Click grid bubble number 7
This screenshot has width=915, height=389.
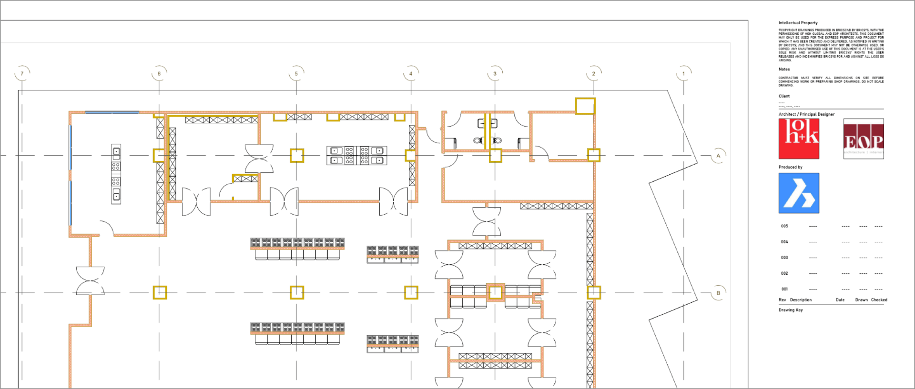point(22,73)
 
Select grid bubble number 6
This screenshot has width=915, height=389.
point(159,73)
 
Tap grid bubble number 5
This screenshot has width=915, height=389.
point(296,73)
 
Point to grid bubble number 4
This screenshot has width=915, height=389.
point(411,73)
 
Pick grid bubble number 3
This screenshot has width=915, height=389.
point(495,73)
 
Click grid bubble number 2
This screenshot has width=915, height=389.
point(594,73)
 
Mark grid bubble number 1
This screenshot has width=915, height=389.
point(683,73)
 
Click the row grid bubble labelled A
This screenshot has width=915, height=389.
point(718,156)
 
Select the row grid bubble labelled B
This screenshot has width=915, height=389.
point(718,293)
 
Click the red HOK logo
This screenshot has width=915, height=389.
point(799,139)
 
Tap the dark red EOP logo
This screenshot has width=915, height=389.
point(864,139)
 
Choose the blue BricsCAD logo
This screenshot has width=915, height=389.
point(799,193)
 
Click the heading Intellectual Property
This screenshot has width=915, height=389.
point(798,23)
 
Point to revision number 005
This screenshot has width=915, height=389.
point(784,226)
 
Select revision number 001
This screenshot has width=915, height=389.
point(784,289)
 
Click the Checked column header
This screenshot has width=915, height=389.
point(879,300)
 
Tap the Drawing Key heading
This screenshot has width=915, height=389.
point(791,310)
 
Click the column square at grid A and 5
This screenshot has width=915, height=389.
point(297,156)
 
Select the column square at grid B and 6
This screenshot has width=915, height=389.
point(160,292)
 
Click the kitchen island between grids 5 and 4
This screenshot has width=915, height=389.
point(356,156)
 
